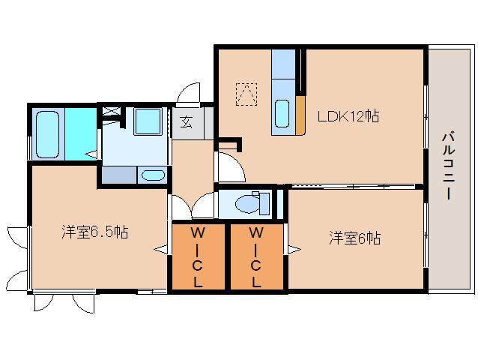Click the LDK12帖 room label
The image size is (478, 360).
[x=348, y=116]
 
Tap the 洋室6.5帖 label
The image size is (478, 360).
[x=94, y=232]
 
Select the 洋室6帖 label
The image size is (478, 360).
[x=354, y=238]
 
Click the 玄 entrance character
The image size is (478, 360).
[x=186, y=122]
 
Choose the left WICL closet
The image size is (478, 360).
[x=198, y=256]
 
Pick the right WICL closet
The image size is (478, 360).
[x=256, y=256]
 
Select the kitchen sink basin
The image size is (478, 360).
[x=282, y=113]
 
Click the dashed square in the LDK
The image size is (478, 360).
[x=246, y=94]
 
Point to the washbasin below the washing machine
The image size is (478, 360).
[x=152, y=176]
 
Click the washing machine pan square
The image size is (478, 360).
[x=148, y=121]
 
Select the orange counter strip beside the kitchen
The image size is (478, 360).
[x=300, y=114]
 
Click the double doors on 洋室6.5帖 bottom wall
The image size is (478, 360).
[x=63, y=301]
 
